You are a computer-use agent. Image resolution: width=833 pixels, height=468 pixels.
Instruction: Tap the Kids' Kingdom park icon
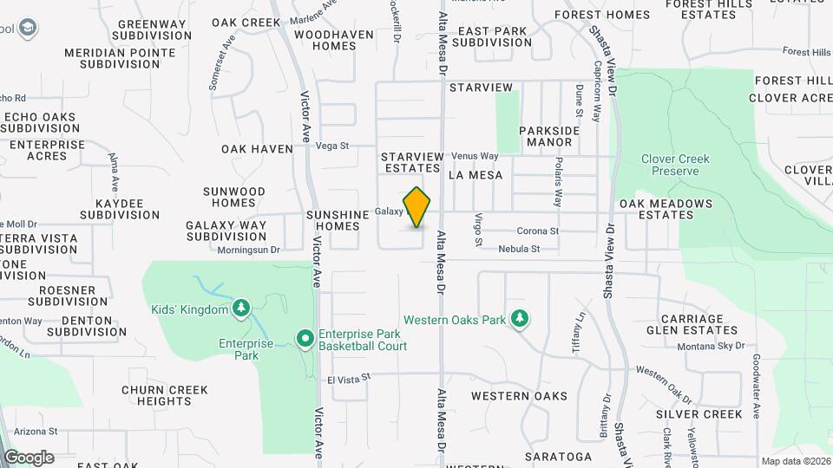pos(240,309)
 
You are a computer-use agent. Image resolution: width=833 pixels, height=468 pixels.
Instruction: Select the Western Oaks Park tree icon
pos(520,320)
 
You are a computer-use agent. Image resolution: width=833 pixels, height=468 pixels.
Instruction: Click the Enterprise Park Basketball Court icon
pos(305,339)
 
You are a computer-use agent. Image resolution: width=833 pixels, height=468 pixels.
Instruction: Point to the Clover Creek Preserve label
pos(675,165)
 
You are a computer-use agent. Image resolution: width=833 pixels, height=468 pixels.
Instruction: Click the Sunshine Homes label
pos(332,220)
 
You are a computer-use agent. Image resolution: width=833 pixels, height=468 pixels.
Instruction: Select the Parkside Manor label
pos(549,136)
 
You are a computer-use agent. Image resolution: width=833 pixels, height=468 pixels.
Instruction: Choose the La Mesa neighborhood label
pos(476,175)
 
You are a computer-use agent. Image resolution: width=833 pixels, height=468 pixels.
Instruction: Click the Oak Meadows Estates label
pos(666,210)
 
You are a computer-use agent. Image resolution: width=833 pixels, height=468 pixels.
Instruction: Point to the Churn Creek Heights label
pos(164,395)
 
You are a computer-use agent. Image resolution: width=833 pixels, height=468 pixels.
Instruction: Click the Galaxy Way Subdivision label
pos(226,231)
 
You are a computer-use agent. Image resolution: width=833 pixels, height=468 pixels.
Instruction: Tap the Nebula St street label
pos(519,250)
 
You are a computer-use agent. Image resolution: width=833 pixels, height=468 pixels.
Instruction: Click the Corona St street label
pos(537,231)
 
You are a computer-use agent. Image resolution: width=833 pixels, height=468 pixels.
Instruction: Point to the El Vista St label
pos(348,378)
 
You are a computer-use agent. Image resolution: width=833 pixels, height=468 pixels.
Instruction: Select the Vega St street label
pos(331,146)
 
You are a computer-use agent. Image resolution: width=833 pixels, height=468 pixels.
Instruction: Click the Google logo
pos(29,458)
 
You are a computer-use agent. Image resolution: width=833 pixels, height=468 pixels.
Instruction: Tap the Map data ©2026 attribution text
pos(795,461)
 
